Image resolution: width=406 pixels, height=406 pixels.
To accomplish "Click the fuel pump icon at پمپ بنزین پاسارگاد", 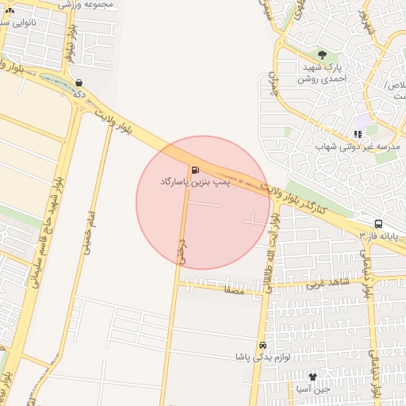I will tap(194, 169).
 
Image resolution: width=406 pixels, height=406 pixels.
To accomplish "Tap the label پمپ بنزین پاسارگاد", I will tap(195, 182).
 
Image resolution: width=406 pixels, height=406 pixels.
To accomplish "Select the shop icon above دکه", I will tap(79, 82).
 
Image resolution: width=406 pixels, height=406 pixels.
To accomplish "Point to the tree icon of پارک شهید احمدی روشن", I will tap(322, 55).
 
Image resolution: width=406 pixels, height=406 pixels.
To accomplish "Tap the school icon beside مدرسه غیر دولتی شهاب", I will tap(358, 134).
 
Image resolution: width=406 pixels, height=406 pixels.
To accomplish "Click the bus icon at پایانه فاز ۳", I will tap(378, 224).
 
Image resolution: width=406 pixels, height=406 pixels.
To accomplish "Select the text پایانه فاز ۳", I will tap(377, 236).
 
